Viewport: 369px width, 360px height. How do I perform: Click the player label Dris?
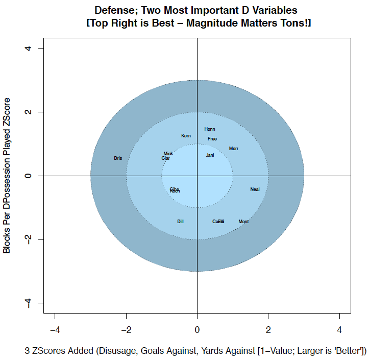pos(118,159)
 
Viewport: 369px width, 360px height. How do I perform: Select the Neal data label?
pos(255,189)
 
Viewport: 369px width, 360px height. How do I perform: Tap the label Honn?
pos(210,130)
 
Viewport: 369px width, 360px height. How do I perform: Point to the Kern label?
pos(186,136)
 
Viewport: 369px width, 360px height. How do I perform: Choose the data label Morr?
pos(234,149)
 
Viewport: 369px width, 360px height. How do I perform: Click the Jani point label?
pos(210,155)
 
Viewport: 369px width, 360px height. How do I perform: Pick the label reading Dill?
pos(180,222)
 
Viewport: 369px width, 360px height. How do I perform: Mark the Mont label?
pos(243,222)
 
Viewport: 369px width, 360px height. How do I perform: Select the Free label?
pos(212,139)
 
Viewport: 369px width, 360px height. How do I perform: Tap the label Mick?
pos(168,154)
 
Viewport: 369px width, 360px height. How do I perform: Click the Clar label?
pos(165,158)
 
